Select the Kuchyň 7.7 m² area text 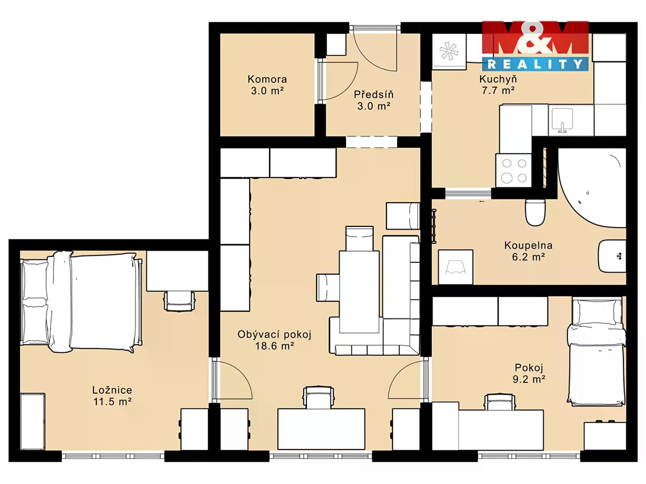point(498,84)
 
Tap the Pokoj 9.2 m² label point(529,373)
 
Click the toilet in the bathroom point(535,212)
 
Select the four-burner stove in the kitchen point(514,170)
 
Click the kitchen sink point(563,120)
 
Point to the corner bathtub point(592,188)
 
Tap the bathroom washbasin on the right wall point(612,256)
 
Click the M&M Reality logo point(535,46)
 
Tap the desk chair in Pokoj point(500,403)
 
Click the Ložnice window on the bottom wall point(113,456)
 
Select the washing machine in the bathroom point(455,267)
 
